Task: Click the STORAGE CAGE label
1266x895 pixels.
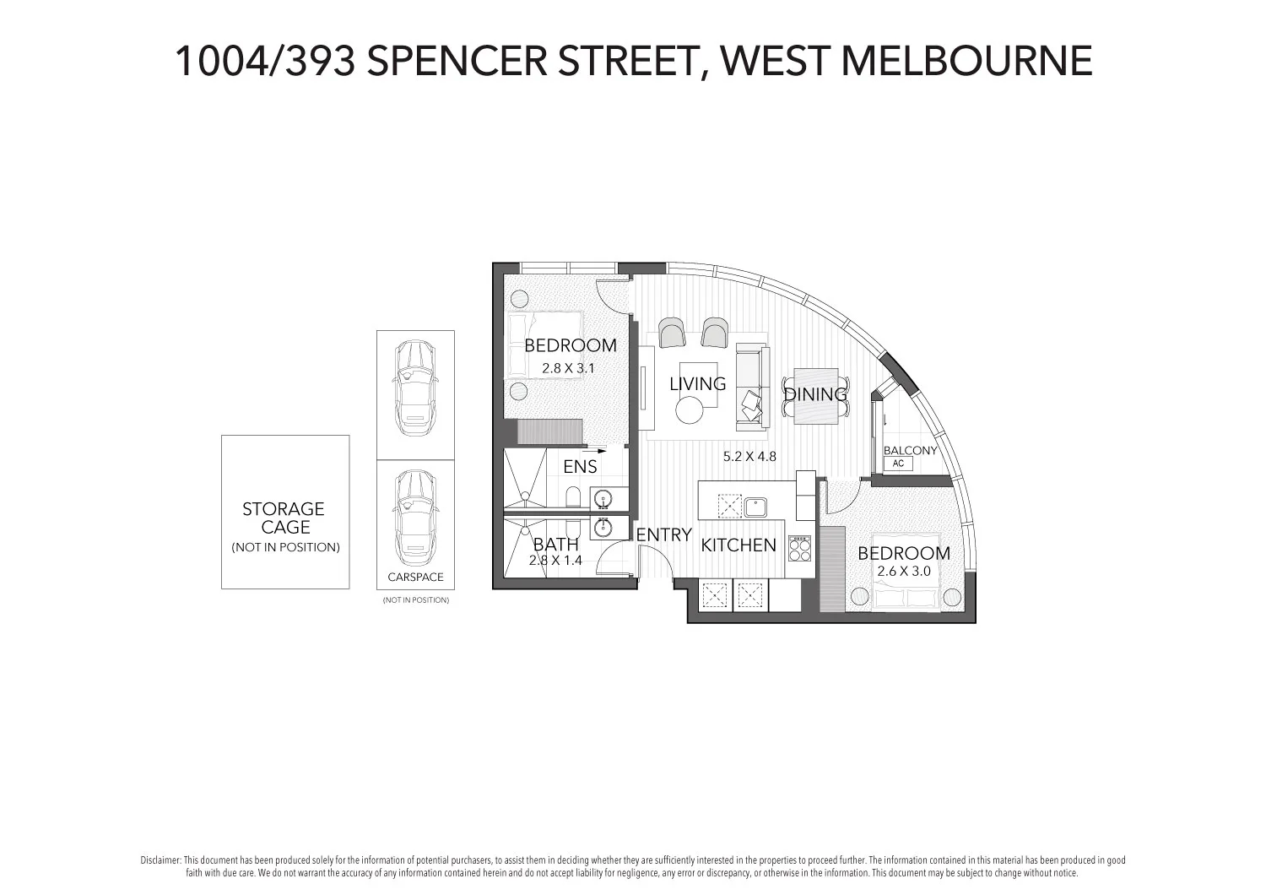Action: coord(284,518)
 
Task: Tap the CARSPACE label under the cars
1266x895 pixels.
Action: coord(415,578)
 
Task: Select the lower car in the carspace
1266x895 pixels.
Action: coord(415,518)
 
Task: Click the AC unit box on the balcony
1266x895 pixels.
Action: coord(898,464)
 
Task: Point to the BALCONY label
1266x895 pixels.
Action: coord(910,450)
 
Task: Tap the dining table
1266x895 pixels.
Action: coord(815,394)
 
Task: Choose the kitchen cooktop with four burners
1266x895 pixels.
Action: coord(799,550)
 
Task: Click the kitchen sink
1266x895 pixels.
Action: coord(754,507)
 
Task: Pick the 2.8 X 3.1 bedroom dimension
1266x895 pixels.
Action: coord(568,368)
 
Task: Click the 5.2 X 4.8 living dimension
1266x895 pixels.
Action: coord(749,456)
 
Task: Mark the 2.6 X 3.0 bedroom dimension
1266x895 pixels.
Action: coord(903,572)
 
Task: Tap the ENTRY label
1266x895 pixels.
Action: coord(663,534)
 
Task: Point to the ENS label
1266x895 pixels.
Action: coord(580,467)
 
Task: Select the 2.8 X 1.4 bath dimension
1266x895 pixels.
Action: coord(555,560)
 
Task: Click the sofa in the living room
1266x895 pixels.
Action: coord(752,385)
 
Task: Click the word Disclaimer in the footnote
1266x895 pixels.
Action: coord(160,860)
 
